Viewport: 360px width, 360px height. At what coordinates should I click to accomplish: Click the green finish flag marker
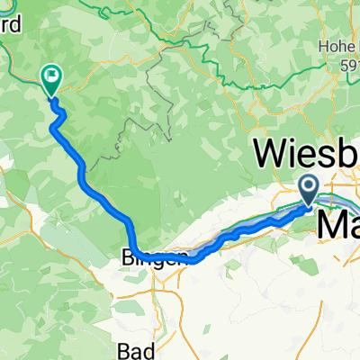50,80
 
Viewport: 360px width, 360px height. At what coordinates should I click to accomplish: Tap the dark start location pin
308,189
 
